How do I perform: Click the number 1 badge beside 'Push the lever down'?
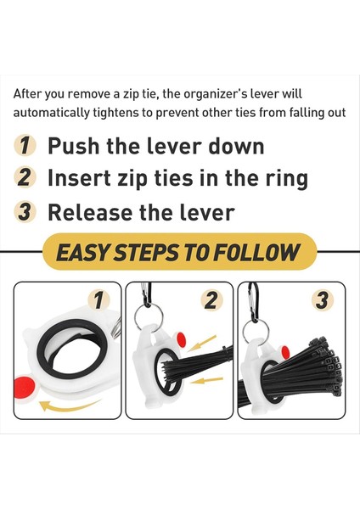[27, 146]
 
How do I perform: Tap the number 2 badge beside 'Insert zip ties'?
[27, 179]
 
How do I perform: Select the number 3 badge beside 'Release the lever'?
[27, 212]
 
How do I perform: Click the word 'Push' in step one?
[71, 146]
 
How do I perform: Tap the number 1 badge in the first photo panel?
[100, 299]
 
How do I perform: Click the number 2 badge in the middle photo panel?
[211, 299]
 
